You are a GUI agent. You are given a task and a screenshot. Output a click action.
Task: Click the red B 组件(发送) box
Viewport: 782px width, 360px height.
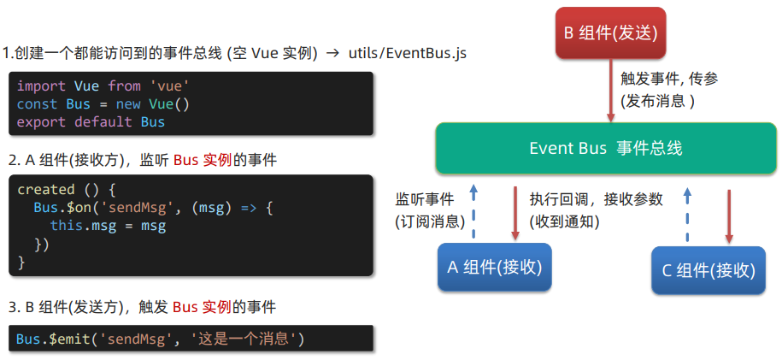click(610, 34)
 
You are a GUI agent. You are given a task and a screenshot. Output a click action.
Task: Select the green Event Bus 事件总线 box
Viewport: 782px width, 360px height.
click(605, 148)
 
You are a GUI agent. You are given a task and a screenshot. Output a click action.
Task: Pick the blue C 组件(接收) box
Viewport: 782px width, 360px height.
click(709, 270)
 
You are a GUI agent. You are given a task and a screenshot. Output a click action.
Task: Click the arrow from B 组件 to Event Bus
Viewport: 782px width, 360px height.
click(611, 91)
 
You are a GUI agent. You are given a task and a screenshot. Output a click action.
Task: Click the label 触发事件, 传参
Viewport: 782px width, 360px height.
click(669, 78)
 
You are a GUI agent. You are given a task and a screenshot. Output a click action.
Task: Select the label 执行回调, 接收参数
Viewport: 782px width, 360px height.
click(596, 199)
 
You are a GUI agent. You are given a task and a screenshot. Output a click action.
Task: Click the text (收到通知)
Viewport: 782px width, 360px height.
click(564, 221)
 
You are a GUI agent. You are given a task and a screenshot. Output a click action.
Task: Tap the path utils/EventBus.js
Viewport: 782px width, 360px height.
click(408, 54)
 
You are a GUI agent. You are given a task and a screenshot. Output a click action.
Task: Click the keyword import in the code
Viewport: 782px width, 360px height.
click(41, 86)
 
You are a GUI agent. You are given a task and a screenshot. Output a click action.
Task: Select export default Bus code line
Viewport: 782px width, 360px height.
click(91, 121)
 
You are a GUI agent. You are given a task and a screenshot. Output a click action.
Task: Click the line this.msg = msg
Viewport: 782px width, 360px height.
click(108, 226)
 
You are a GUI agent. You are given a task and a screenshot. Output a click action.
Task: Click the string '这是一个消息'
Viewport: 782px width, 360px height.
click(244, 339)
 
